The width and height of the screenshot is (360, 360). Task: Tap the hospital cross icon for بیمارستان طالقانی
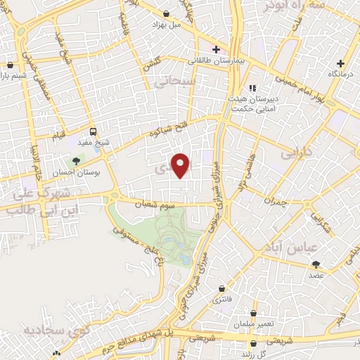coord(215,49)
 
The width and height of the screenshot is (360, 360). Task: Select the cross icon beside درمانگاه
coord(341,63)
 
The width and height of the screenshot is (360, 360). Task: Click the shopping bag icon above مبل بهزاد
coord(166,13)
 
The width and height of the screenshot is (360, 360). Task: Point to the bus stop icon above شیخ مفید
coord(93,131)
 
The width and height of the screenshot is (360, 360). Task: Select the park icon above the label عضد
coord(316,264)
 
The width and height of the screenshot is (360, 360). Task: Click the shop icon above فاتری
coord(223,288)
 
